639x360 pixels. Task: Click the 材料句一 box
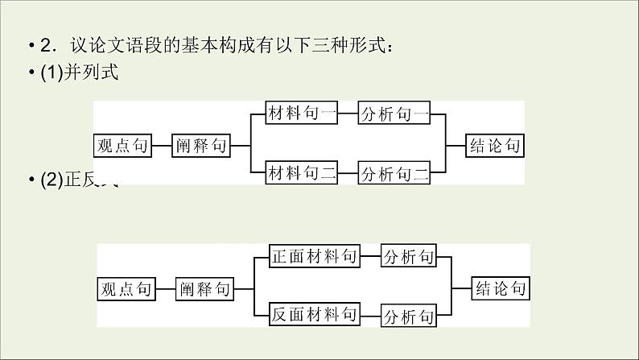tap(301, 114)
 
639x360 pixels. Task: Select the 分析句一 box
tap(394, 114)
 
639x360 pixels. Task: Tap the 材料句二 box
tap(301, 172)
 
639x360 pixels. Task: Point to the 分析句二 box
tap(394, 172)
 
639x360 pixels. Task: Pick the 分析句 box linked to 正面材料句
tap(409, 257)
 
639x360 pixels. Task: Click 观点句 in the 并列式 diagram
tap(122, 145)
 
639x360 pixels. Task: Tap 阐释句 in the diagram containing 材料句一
tap(201, 145)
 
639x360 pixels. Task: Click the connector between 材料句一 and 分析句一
tap(347, 114)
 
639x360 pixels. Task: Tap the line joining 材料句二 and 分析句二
tap(347, 172)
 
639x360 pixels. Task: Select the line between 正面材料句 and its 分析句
tap(370, 257)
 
